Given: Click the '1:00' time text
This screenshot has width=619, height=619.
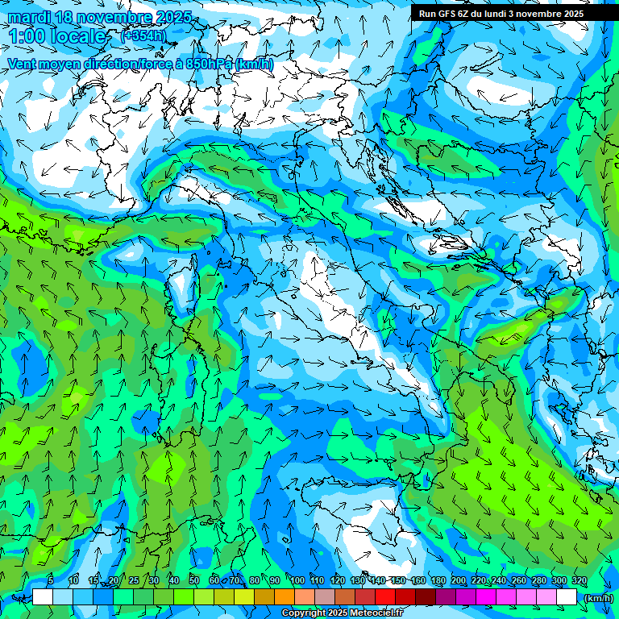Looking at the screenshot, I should click(x=28, y=35).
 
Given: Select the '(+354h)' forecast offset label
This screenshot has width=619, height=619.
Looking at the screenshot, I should click(x=143, y=35).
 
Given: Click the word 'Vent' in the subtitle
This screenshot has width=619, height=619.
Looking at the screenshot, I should click(x=22, y=64).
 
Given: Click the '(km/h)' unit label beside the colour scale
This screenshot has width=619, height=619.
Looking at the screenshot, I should click(x=598, y=598).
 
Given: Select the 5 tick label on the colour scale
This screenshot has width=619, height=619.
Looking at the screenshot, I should click(x=51, y=580).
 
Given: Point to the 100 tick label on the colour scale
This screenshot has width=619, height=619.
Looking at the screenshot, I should click(x=297, y=580).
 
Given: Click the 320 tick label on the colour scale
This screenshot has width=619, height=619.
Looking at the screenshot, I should click(x=579, y=580).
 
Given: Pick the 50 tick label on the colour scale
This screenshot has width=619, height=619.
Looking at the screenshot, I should click(x=194, y=580).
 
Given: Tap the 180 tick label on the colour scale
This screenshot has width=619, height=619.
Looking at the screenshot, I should click(x=438, y=580).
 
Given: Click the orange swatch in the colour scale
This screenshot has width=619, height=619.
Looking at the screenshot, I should click(x=285, y=597).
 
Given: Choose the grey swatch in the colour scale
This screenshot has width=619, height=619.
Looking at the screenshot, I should click(x=325, y=597).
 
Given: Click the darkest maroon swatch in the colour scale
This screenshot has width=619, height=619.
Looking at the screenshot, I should click(x=426, y=597).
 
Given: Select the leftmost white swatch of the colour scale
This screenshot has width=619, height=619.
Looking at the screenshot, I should click(x=43, y=597).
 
